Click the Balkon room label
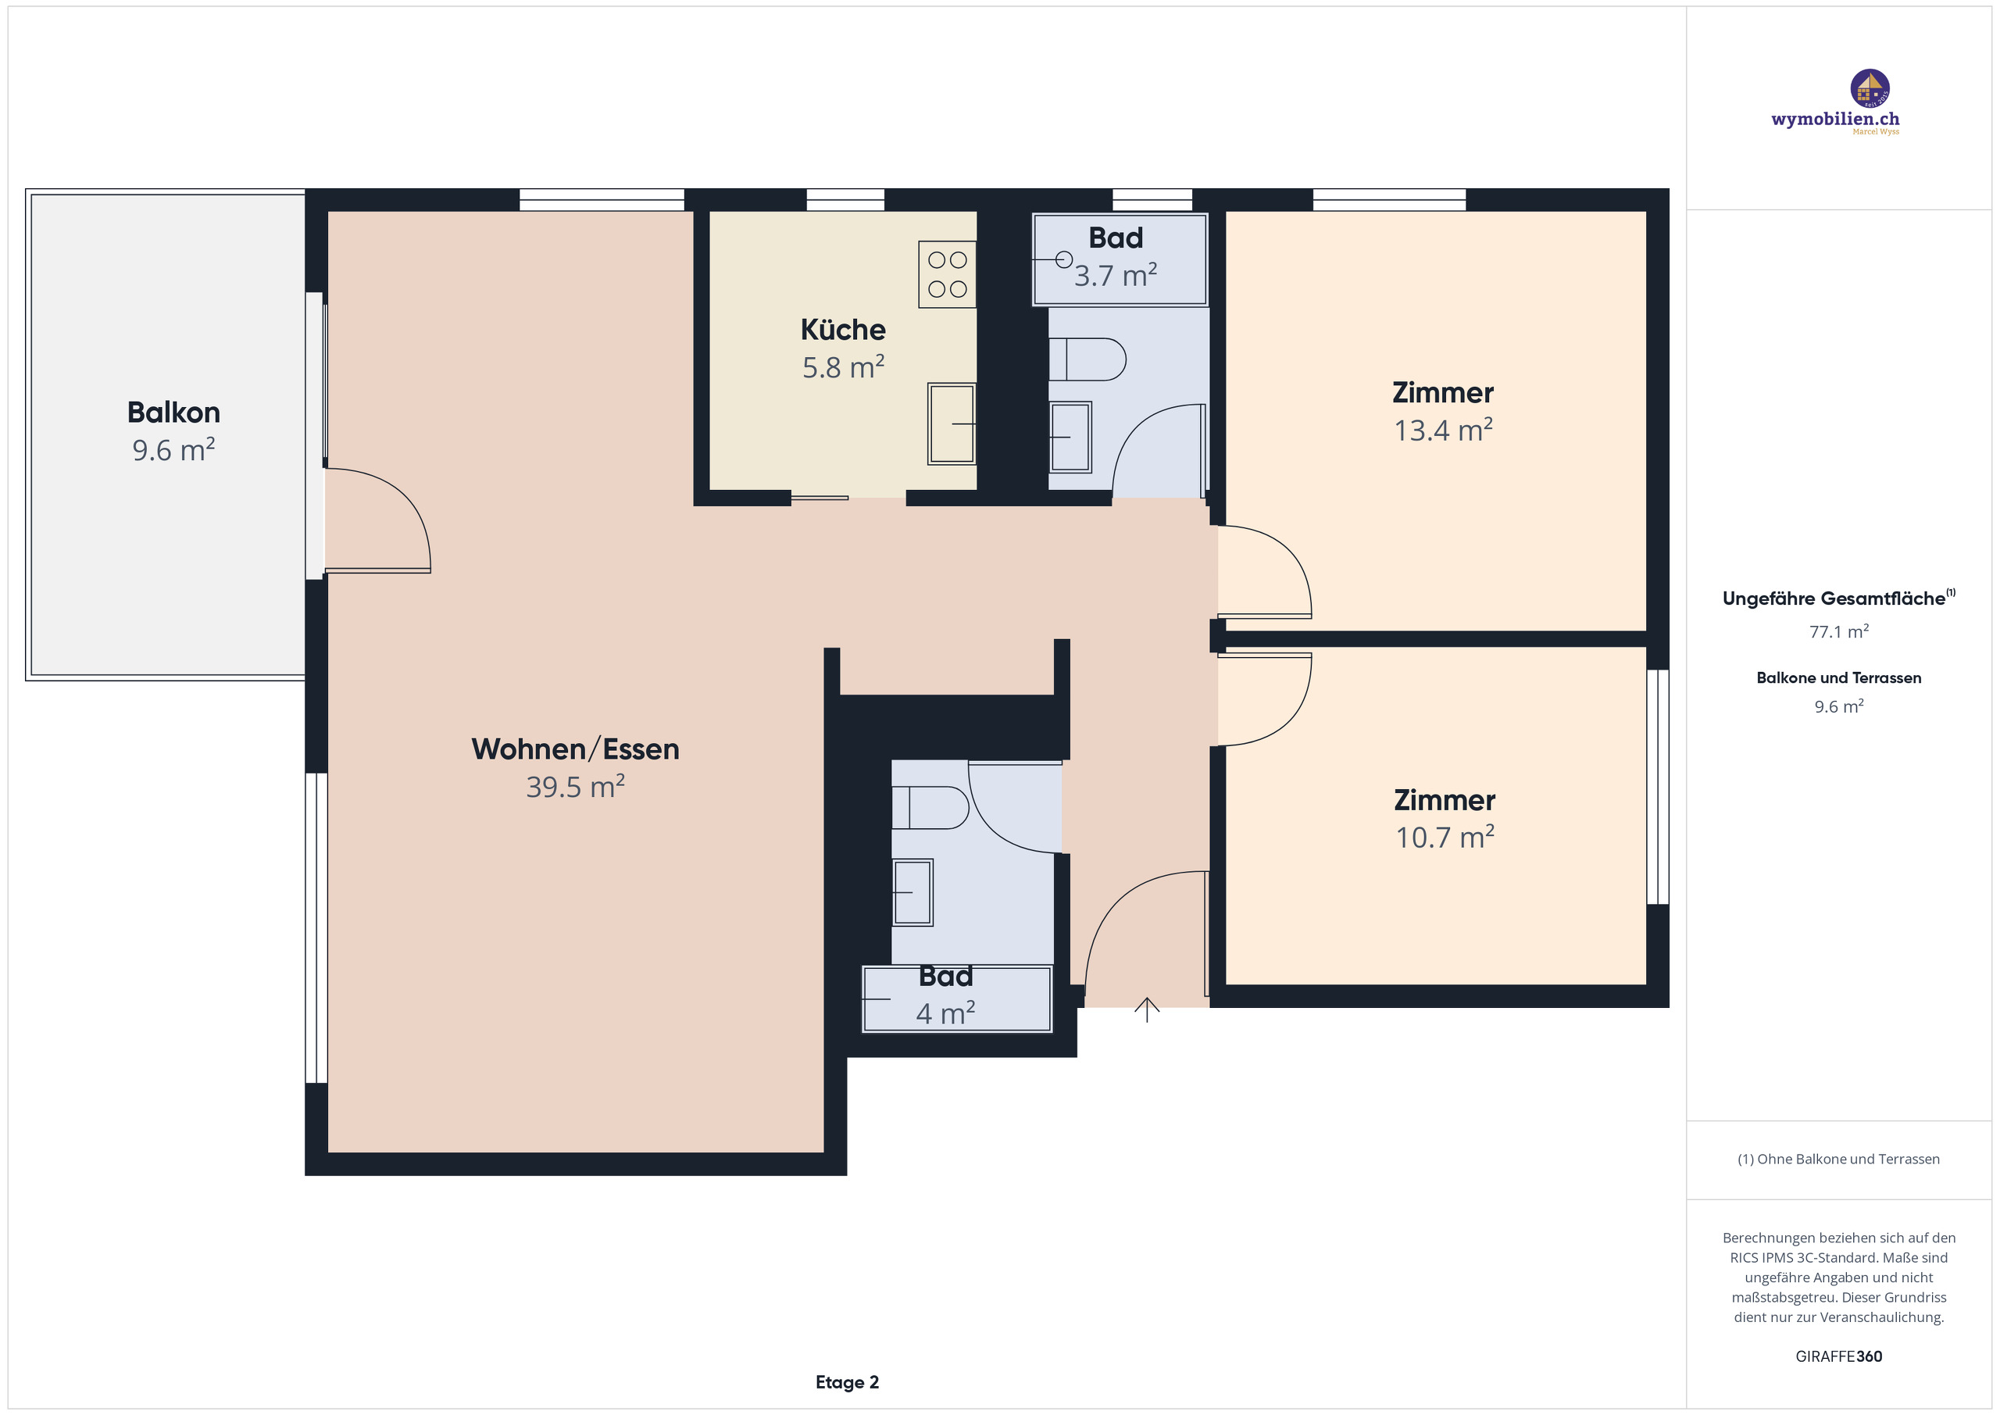point(173,412)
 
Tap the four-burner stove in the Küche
point(947,274)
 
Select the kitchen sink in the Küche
point(952,423)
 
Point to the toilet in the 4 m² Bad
point(930,807)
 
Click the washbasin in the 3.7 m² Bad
point(1070,437)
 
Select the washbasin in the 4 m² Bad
point(912,892)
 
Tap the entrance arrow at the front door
point(1146,1009)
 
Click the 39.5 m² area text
point(575,787)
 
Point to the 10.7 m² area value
point(1445,838)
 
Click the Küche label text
point(842,330)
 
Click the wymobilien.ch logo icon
point(1870,89)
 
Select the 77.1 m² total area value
point(1838,631)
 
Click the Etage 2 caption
point(847,1382)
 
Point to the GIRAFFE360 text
point(1838,1356)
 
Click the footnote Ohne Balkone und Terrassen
point(1838,1159)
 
